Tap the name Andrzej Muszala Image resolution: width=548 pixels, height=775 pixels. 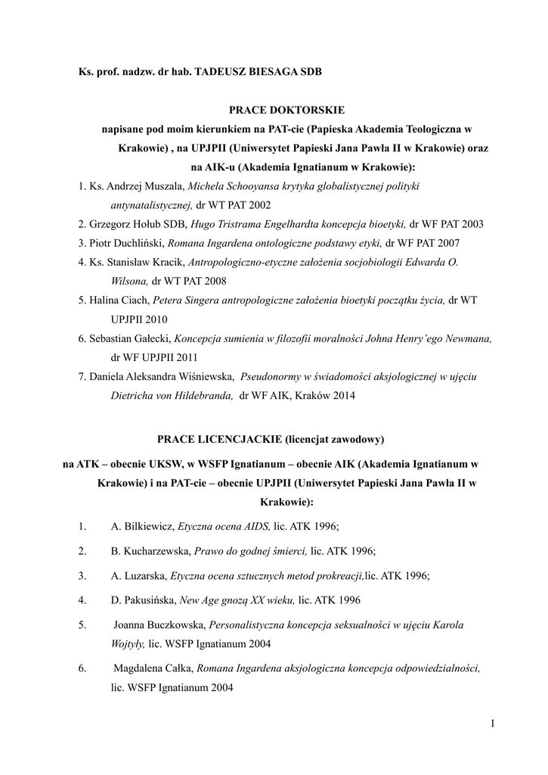point(150,186)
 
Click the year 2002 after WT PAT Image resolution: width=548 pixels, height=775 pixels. point(260,205)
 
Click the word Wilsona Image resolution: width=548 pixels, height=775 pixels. point(129,282)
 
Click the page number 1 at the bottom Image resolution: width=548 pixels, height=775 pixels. point(491,725)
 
